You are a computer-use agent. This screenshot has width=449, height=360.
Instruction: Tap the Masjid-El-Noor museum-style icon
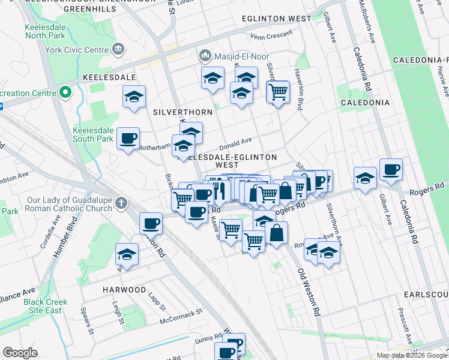(x=205, y=56)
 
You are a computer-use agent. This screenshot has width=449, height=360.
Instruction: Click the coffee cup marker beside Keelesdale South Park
(x=128, y=139)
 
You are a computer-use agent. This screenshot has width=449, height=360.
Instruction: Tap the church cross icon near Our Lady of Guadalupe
(x=121, y=203)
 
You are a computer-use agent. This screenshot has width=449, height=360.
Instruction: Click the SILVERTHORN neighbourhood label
(x=175, y=112)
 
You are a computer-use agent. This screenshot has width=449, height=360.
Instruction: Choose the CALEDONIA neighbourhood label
(x=366, y=103)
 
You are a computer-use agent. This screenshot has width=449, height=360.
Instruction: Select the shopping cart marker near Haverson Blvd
(x=278, y=92)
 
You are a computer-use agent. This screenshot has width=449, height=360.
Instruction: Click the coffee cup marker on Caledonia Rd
(x=391, y=170)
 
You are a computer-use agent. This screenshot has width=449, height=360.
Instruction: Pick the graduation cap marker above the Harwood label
(x=127, y=254)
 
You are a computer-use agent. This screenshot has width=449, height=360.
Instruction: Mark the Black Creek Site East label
(x=51, y=306)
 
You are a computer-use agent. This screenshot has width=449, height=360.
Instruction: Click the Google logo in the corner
(x=20, y=353)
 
